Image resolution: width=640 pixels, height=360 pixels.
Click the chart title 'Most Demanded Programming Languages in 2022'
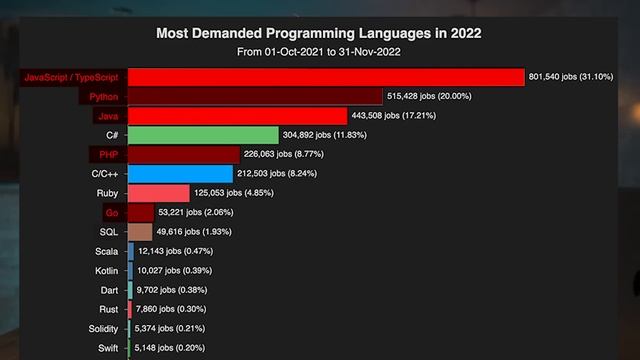coord(319,33)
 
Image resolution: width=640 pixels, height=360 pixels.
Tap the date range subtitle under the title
coord(319,51)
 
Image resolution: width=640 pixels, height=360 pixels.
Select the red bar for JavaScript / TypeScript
coord(326,77)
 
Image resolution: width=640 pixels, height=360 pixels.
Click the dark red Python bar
coord(255,96)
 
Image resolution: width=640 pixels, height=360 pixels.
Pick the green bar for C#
coord(203,135)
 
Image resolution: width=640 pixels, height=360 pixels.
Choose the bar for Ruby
coord(158,193)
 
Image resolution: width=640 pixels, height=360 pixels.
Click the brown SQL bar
coord(140,232)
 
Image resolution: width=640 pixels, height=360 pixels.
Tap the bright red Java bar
coord(237,116)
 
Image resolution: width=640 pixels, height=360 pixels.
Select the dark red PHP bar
coord(184,154)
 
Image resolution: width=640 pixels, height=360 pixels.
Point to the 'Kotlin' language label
coord(106,271)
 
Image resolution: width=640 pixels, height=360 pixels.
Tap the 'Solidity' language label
coord(103,329)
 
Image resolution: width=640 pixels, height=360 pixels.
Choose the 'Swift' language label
coord(108,348)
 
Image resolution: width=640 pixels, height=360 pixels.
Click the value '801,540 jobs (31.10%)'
coord(581,77)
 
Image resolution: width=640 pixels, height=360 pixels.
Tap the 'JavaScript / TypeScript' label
coord(70,77)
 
